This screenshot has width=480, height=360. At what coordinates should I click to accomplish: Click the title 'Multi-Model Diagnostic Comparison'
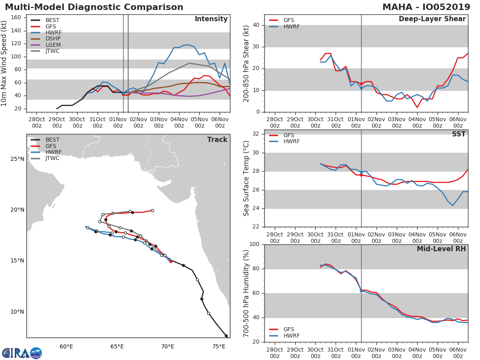coord(94,7)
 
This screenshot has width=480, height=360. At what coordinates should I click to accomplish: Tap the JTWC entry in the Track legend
coord(52,158)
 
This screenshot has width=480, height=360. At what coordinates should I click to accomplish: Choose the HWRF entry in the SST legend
coord(291,141)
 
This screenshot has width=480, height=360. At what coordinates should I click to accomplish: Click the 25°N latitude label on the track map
coord(17,159)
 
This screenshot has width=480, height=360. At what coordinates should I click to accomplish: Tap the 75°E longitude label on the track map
coord(218,346)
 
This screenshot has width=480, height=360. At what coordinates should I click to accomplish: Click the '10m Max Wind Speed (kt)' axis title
coord(4,64)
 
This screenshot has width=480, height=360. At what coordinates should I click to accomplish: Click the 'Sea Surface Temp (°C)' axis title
coord(246,178)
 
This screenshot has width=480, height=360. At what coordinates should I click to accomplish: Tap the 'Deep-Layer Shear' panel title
coord(432,19)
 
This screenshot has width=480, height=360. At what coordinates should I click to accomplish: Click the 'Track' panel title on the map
coord(217,140)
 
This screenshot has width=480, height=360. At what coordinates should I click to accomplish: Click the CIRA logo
coord(22,353)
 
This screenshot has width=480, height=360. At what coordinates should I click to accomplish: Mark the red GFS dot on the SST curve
coord(361,175)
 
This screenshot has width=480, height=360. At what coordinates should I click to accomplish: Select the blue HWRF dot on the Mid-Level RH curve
coord(361,291)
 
